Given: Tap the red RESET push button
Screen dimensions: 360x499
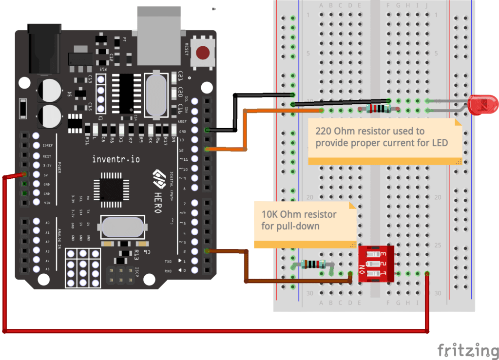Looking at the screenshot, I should (204, 52).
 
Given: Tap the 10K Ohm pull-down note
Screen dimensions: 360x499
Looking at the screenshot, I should (305, 220).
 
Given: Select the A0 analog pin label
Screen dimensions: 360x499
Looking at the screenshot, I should (47, 222).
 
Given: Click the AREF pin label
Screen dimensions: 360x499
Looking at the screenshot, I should (182, 121).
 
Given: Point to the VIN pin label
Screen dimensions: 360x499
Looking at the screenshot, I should (47, 203).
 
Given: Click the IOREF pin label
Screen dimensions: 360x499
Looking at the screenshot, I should (47, 146).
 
